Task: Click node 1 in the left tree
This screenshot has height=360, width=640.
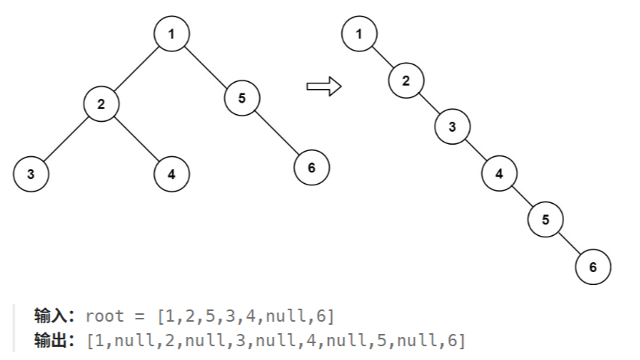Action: pos(171,34)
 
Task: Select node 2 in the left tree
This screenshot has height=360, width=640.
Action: pos(101,104)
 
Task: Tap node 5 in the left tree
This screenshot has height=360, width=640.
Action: pos(242,97)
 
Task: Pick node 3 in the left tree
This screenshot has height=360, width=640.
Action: pos(31,174)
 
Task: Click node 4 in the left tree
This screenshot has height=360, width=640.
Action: pos(172,174)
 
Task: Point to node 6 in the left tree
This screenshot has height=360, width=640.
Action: pos(311,168)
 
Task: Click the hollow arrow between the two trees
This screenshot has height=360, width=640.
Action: pos(323,87)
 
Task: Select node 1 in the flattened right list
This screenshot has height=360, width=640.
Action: pos(359,33)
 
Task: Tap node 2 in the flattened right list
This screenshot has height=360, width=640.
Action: pos(406,80)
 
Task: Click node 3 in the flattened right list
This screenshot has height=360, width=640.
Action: pos(453,126)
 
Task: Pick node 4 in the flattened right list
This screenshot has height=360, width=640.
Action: pos(500,174)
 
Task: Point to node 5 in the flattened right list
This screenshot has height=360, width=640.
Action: pos(546,220)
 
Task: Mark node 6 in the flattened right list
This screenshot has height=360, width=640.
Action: pos(592,267)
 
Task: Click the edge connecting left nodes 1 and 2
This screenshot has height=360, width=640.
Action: pos(136,69)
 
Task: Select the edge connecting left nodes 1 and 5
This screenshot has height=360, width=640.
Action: pos(207,66)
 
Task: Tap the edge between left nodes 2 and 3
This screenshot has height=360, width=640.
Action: pos(66,139)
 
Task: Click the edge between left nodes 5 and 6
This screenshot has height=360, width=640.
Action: pos(277,133)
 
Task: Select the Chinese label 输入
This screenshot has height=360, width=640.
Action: pos(53,316)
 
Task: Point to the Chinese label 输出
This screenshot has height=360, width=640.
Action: pos(53,339)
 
